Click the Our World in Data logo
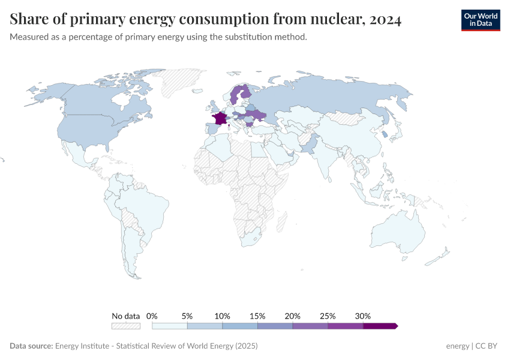[480, 20]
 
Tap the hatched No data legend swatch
[125, 326]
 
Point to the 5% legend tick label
[187, 316]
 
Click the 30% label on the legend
[363, 316]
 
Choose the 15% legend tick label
[257, 316]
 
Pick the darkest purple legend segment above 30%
[380, 326]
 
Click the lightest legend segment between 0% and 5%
[170, 326]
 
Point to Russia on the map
[336, 96]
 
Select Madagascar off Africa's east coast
[280, 223]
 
